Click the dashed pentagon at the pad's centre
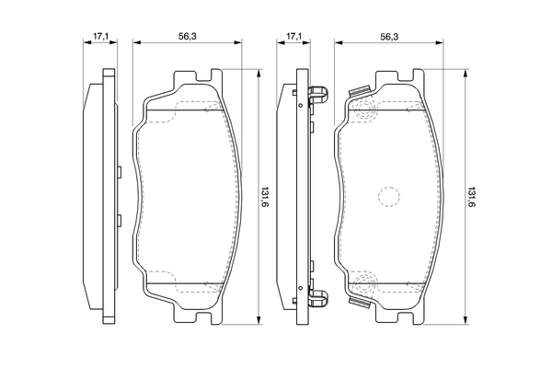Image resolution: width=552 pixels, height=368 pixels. coord(388,196)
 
